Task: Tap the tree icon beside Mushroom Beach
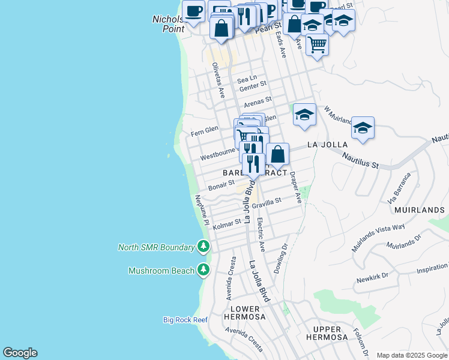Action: tap(204, 270)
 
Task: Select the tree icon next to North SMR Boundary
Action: tap(204, 247)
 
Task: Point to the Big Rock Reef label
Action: tap(185, 320)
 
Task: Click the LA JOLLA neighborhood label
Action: tap(328, 145)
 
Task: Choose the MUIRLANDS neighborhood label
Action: tap(420, 210)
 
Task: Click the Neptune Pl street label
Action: tap(202, 210)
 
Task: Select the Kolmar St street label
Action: tap(227, 224)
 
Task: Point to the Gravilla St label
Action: tap(267, 204)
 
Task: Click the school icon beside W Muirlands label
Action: tap(363, 128)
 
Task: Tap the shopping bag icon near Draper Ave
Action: tap(277, 154)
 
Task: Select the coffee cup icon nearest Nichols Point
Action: tap(193, 11)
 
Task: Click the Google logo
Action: tap(20, 353)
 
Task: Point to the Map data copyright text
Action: tap(412, 355)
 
